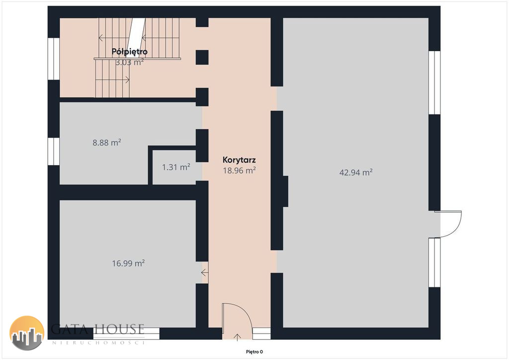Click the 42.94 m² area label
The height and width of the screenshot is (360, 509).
(x=356, y=172)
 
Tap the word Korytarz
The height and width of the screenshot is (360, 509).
(x=239, y=160)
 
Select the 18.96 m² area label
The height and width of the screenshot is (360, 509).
(x=239, y=171)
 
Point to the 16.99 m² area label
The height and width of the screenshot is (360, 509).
(x=128, y=263)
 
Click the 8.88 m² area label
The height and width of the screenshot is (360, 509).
(x=107, y=143)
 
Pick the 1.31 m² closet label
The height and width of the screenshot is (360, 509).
(x=176, y=167)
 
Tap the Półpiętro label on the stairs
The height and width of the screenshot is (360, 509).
(x=130, y=52)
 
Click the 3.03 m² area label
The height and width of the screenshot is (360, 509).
(x=130, y=62)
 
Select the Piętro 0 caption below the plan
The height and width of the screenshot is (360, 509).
(x=254, y=352)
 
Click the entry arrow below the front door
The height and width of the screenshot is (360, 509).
(x=237, y=337)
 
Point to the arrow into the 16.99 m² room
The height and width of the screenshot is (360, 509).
(x=205, y=272)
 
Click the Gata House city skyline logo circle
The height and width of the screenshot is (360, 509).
(x=27, y=333)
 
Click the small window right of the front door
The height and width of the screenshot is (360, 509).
(x=261, y=333)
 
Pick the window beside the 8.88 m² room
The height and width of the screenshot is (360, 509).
(x=54, y=151)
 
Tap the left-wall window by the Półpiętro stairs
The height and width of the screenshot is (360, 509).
(x=54, y=59)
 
